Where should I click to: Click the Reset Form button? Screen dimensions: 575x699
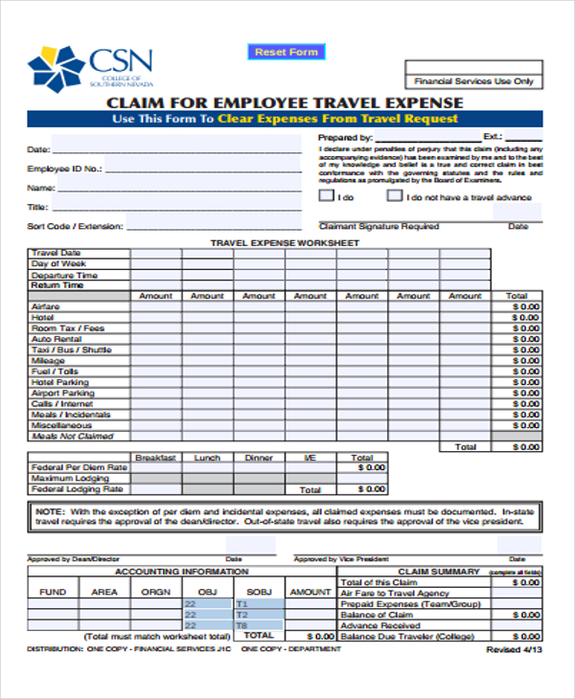click(x=286, y=52)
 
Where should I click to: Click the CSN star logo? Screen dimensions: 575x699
click(x=57, y=67)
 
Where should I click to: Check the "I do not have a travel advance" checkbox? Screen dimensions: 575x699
click(x=395, y=196)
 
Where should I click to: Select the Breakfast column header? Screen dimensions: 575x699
click(x=155, y=458)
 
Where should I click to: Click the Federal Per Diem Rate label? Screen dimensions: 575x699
click(x=80, y=467)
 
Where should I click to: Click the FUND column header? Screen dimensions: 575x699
click(x=53, y=592)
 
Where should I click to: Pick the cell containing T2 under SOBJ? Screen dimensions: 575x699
click(x=258, y=615)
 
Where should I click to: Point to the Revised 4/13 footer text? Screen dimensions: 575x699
click(x=514, y=648)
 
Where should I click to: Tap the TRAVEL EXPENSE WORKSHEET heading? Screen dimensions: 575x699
click(x=285, y=243)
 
